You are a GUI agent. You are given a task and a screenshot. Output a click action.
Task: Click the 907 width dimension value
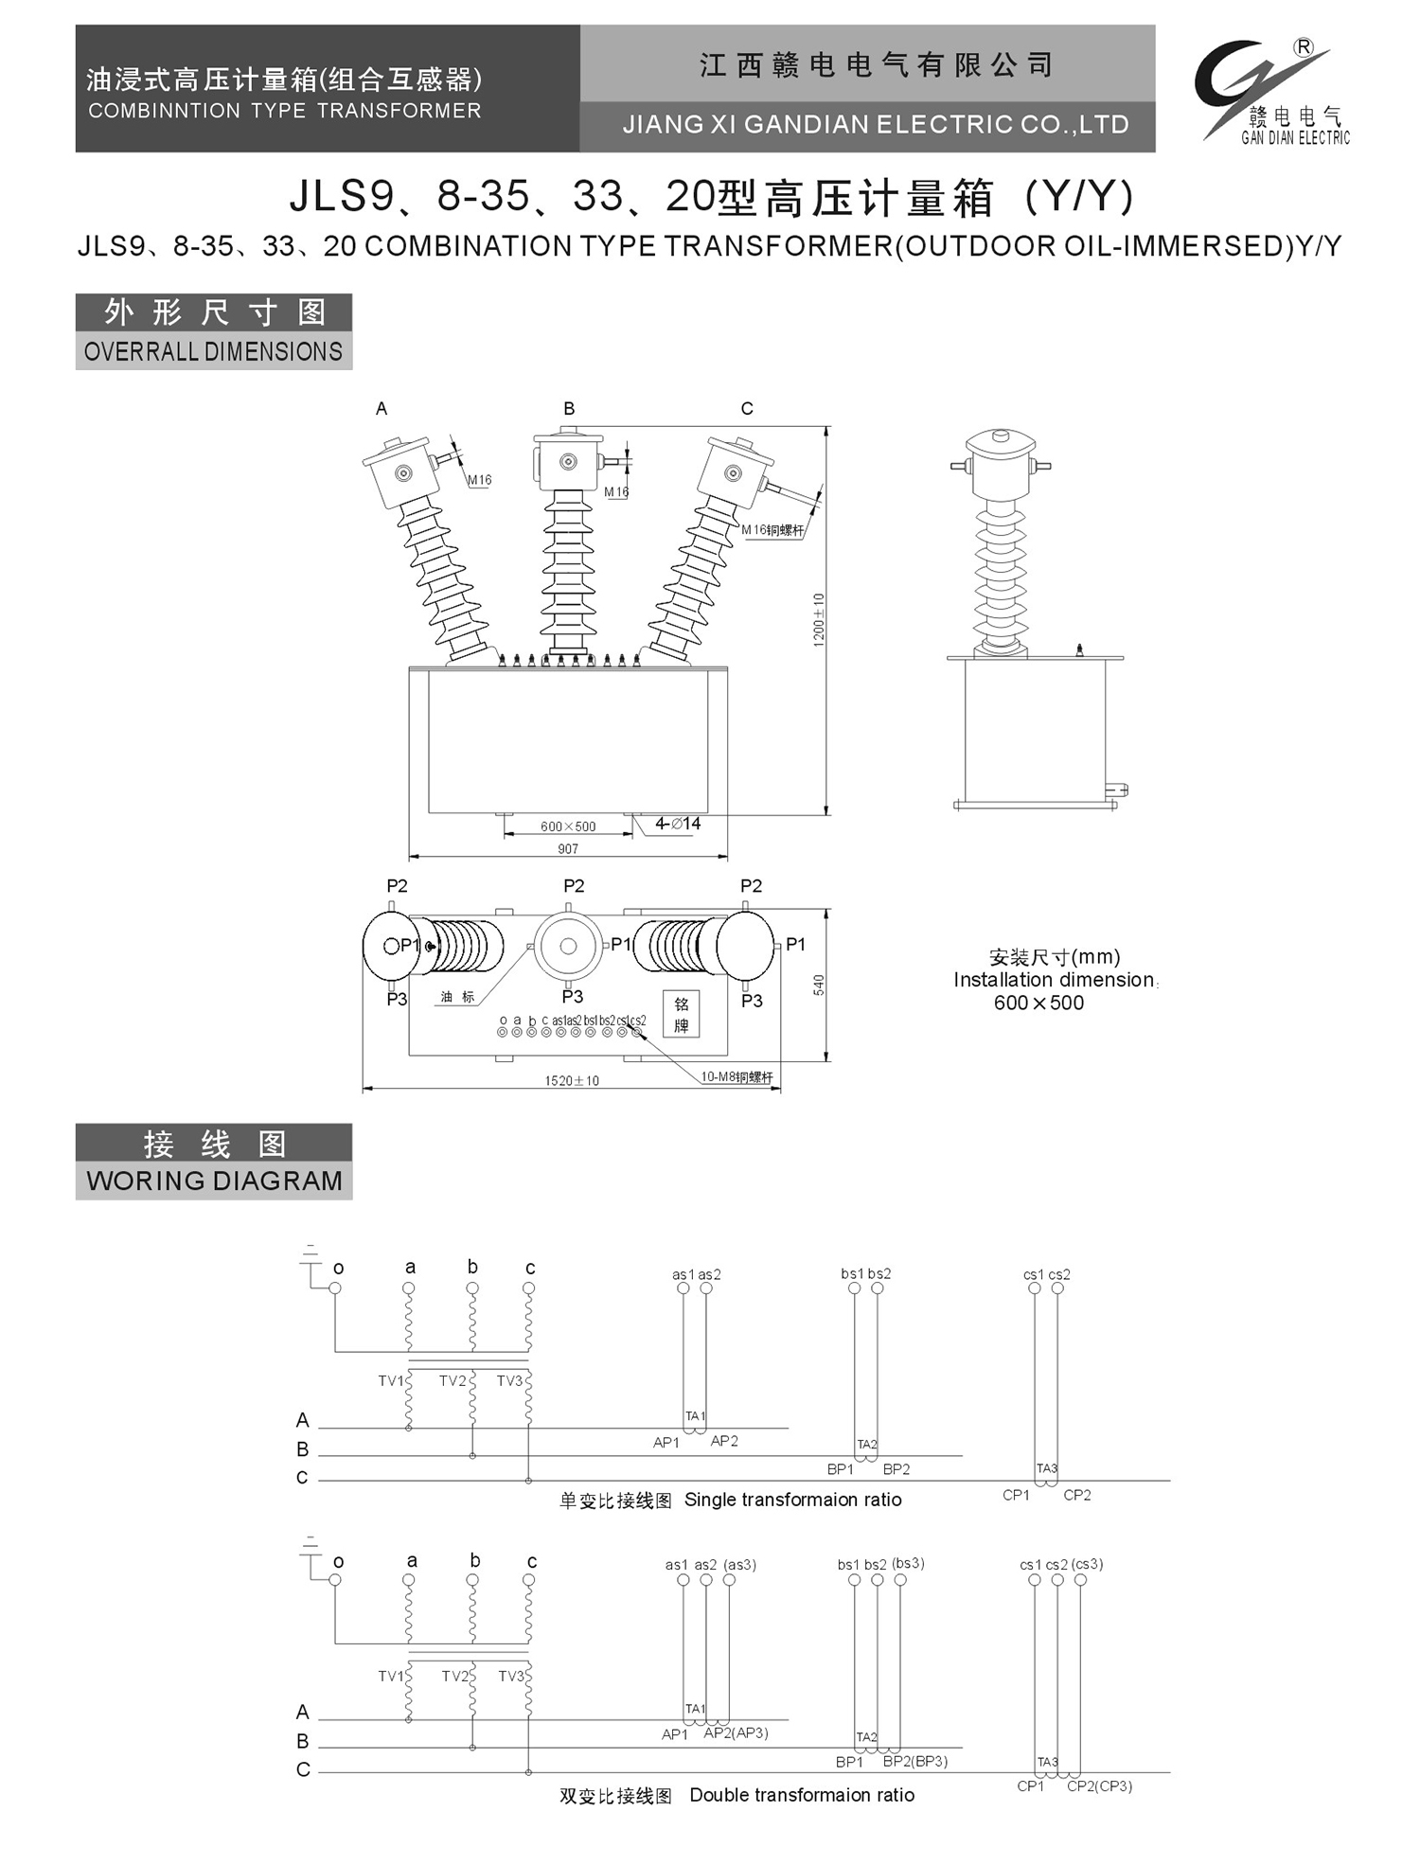point(568,849)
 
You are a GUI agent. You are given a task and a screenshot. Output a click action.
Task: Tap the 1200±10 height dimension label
point(819,620)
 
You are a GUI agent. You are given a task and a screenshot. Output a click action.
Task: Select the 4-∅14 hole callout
point(678,824)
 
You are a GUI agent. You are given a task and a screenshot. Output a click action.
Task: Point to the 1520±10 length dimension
point(572,1080)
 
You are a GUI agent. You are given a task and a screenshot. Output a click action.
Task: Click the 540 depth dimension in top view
point(819,985)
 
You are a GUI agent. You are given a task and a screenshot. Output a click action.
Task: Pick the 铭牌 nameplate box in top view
point(682,1014)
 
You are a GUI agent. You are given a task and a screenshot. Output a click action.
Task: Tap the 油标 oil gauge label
point(457,997)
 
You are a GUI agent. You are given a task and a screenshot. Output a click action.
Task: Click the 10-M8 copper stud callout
point(737,1076)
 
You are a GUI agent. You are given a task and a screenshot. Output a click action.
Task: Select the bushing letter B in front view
point(569,409)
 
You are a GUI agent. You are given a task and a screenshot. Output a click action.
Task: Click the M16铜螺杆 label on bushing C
point(772,530)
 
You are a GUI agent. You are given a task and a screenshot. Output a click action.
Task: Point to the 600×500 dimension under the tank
point(568,826)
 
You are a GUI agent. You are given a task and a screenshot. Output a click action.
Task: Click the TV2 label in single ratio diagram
point(453,1381)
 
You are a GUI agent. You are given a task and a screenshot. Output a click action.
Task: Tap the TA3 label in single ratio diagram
point(1046,1468)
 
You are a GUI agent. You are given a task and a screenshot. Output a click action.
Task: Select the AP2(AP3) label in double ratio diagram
point(736,1732)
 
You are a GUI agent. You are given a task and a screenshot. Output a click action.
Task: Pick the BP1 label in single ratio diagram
point(841,1469)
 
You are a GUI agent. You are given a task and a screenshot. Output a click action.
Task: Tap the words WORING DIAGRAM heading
point(214,1181)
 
